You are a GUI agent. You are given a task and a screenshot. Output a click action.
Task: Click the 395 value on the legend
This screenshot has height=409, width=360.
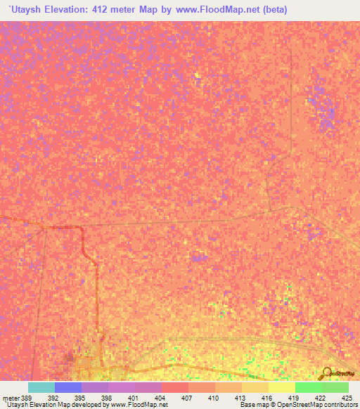[x=80, y=398]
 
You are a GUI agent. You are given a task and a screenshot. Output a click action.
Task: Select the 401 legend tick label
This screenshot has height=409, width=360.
[x=134, y=398]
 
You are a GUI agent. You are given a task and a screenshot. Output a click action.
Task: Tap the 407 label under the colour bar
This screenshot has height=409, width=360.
[x=187, y=398]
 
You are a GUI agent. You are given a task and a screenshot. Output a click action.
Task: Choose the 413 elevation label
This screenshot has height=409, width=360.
[x=240, y=398]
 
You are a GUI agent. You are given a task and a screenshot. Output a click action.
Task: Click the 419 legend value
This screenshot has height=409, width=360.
[x=294, y=398]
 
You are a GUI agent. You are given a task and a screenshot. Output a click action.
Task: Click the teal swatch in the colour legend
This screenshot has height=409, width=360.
[x=41, y=387]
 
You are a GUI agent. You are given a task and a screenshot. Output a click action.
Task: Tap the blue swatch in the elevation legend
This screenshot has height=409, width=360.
[x=68, y=387]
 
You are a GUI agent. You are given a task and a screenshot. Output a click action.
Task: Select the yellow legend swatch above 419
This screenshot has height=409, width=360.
[x=282, y=387]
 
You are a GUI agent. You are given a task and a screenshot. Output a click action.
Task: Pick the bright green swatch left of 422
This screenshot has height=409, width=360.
[x=309, y=387]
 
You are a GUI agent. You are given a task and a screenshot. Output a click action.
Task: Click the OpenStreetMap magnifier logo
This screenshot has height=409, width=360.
[x=326, y=373]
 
